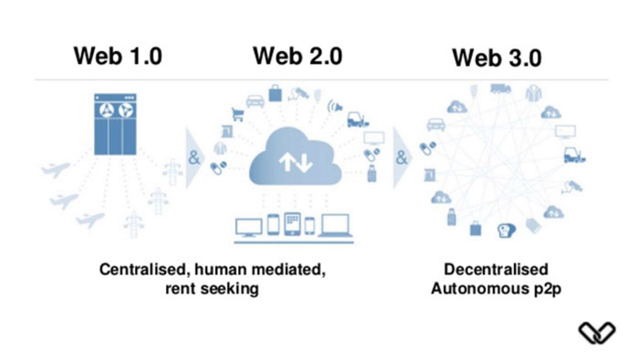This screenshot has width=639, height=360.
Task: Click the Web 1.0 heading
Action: tap(118, 56)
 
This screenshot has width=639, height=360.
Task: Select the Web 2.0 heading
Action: tap(298, 56)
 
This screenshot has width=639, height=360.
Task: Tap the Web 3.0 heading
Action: tap(497, 58)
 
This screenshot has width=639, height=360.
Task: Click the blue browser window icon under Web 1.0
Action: tap(115, 124)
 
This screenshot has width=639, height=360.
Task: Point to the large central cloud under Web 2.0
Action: tap(295, 157)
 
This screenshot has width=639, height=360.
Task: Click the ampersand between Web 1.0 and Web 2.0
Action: tap(194, 158)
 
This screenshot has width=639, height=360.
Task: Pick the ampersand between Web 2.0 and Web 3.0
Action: tap(402, 158)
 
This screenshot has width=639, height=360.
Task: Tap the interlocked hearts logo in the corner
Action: tap(597, 333)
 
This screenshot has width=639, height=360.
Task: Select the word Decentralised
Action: tap(496, 269)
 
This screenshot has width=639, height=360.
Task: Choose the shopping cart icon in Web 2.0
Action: tap(238, 115)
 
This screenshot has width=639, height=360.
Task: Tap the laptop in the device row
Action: tap(335, 225)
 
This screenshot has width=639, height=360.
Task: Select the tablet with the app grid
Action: tap(293, 224)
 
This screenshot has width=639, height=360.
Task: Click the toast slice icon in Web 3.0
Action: tap(506, 230)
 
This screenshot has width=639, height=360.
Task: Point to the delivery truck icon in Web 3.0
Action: tap(501, 89)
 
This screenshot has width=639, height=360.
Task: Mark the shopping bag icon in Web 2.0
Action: tap(275, 93)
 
